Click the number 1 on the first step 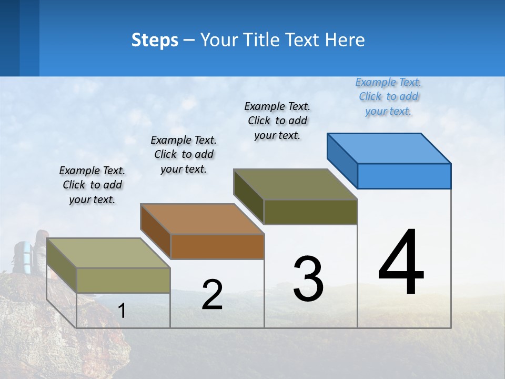point(122,311)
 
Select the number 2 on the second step point(212,295)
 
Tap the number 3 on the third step point(308,279)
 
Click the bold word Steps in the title point(155,40)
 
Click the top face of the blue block point(389,148)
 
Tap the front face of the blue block point(404,176)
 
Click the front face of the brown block point(217,246)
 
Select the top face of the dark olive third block point(296,184)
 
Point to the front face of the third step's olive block point(310,212)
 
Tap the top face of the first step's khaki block point(108,253)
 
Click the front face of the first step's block point(124,280)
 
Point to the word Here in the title point(345,40)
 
